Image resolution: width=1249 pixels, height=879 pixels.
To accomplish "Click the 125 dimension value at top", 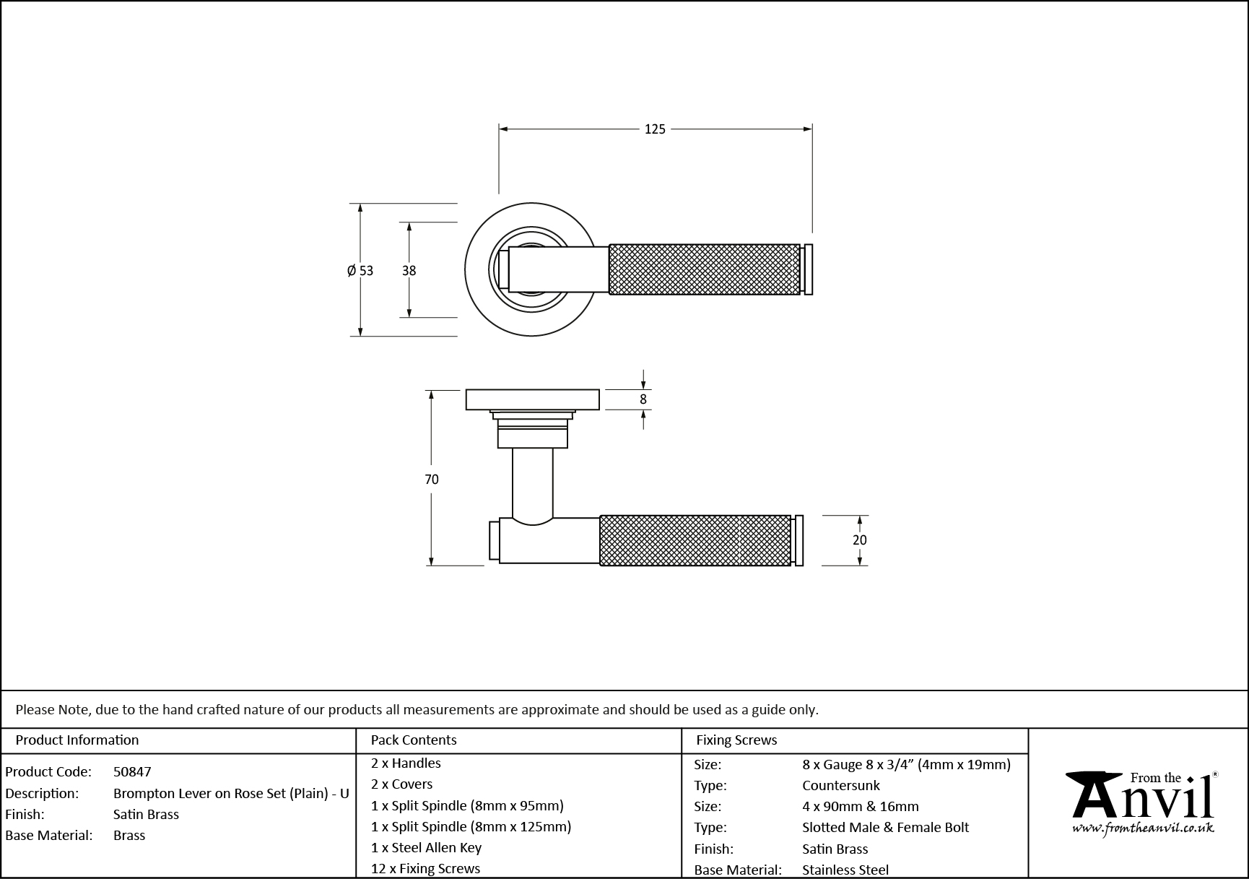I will tap(654, 129).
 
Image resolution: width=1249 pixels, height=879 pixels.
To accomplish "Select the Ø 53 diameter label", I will tap(360, 271).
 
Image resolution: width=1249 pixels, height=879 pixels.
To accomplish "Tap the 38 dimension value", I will tap(409, 271).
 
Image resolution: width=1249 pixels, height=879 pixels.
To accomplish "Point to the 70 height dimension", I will tap(432, 479).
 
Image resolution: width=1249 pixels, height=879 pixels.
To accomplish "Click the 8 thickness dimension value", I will tap(643, 399).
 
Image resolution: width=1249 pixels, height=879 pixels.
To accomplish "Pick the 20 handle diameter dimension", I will tap(859, 540).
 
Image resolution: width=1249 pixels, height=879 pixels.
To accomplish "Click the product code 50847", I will tap(132, 771).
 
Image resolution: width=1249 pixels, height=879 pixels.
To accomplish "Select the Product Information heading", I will tap(77, 740).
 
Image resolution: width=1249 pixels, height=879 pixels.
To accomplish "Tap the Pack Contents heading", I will tap(413, 740).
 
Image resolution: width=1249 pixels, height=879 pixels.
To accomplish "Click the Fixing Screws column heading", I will tap(736, 740).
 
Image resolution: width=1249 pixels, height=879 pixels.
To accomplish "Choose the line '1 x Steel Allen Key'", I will tap(426, 847).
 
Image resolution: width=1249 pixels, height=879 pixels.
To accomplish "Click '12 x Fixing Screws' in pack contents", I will tap(425, 868).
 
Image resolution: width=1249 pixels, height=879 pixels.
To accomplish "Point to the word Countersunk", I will tap(840, 785).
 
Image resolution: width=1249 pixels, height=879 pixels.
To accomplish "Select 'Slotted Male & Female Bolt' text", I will tap(885, 827).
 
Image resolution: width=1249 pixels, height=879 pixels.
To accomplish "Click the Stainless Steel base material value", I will tap(845, 870).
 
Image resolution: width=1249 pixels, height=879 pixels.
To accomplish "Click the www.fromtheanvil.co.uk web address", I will tap(1142, 828).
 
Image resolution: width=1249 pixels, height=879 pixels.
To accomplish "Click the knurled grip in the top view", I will tap(704, 269).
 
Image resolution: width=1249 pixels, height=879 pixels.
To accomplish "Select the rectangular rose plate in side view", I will tap(532, 399).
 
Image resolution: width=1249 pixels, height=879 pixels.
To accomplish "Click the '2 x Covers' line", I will tap(401, 784).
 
